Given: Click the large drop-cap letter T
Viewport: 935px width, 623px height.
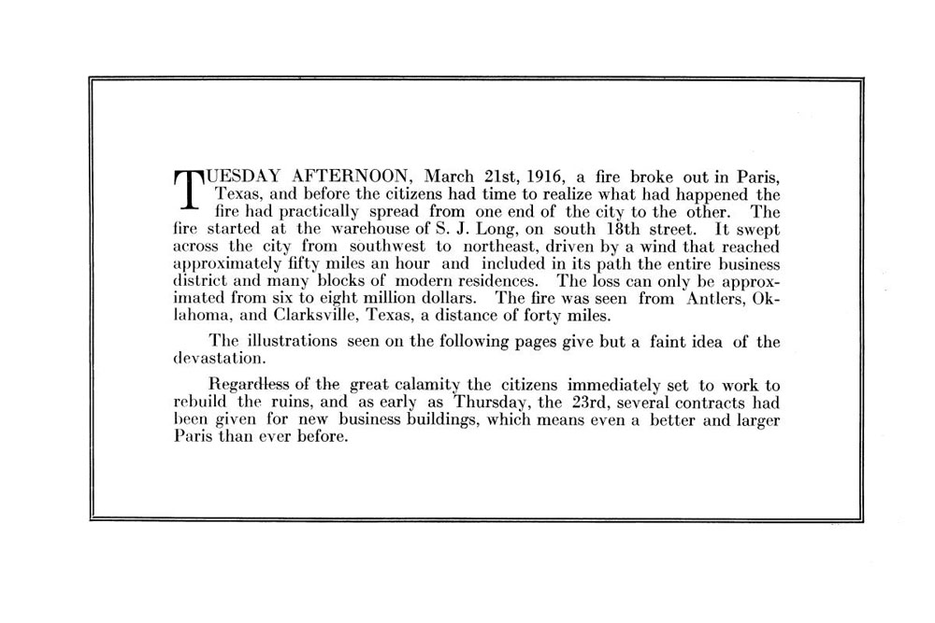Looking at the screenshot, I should (189, 189).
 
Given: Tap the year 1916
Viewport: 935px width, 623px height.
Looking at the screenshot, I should (544, 177).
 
